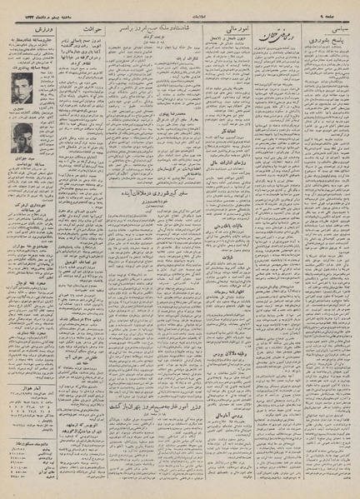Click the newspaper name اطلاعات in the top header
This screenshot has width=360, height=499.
[x=179, y=15]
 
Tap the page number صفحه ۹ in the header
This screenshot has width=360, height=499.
[x=335, y=15]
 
